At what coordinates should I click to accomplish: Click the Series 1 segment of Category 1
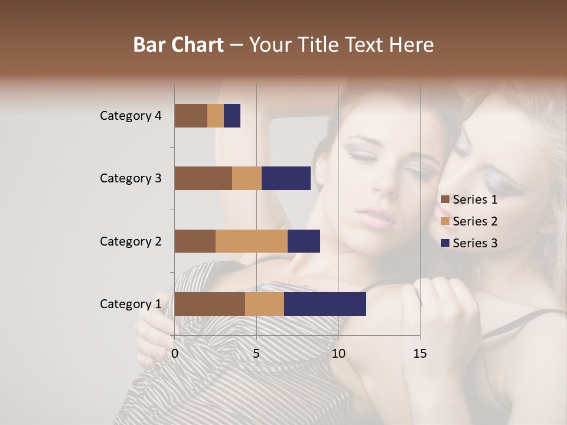click(210, 304)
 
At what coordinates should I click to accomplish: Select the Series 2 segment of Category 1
click(265, 304)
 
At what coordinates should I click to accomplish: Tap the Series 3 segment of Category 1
click(325, 304)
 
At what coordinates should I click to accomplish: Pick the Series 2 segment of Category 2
click(252, 241)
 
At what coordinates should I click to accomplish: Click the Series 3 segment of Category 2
click(304, 241)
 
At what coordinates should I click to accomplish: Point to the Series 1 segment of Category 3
click(203, 178)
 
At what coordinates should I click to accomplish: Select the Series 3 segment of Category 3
click(286, 178)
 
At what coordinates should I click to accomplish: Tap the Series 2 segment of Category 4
click(216, 116)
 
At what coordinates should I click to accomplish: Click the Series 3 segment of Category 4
click(232, 116)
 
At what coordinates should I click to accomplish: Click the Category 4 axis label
click(131, 116)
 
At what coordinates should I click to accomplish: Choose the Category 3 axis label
click(131, 178)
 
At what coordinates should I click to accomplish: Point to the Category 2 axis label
click(131, 241)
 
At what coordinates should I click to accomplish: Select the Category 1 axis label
click(131, 304)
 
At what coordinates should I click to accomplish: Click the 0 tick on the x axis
click(175, 354)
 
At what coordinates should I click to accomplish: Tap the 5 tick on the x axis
click(256, 354)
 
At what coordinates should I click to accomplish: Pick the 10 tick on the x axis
click(338, 354)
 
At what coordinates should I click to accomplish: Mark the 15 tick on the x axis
click(419, 354)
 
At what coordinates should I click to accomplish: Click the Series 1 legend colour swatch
click(445, 200)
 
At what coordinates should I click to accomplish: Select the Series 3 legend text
click(475, 243)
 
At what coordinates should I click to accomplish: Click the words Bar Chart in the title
click(178, 45)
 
